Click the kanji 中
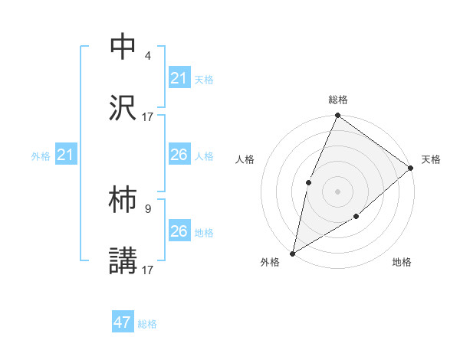tap(123, 47)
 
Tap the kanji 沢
tap(123, 108)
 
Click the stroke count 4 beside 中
tap(148, 55)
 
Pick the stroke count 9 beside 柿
tap(148, 208)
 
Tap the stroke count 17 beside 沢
tap(148, 116)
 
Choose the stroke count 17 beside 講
tap(148, 270)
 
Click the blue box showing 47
tap(123, 322)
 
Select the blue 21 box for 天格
tap(179, 78)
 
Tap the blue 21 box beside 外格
tap(65, 155)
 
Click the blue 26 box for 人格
tap(179, 155)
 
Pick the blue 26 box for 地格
tap(179, 231)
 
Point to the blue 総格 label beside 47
tap(147, 324)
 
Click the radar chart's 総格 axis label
tap(338, 100)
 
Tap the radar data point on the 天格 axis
tap(410, 168)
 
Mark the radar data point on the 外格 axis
tap(293, 253)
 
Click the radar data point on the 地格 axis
tap(356, 217)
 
